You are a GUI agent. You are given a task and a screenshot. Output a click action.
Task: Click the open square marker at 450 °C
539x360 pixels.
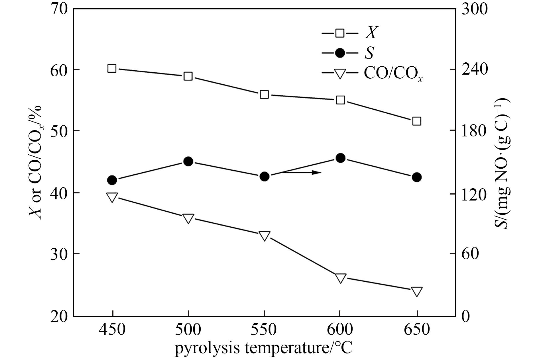coord(112,68)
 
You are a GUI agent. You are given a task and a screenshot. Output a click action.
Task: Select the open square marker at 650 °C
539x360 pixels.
coord(417,121)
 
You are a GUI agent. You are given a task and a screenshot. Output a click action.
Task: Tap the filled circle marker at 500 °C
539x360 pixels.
coord(188,161)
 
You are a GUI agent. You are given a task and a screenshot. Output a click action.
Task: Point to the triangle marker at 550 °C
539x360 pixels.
coord(264,236)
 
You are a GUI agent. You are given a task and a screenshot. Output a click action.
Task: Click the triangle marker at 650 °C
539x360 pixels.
coord(417,292)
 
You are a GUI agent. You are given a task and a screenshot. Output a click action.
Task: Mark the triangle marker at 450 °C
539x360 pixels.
coord(112,197)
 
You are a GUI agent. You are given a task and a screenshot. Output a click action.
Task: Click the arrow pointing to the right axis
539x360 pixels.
coord(302,172)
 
